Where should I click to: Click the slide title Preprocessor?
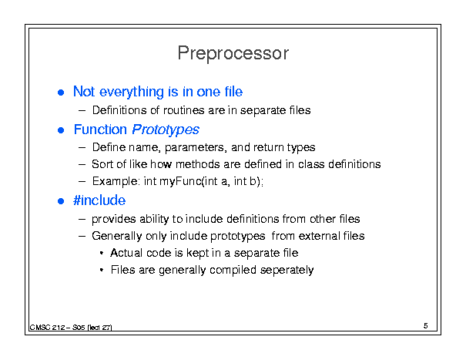click(233, 54)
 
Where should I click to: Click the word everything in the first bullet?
click(131, 92)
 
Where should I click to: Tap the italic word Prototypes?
click(166, 130)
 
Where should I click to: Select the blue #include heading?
click(99, 200)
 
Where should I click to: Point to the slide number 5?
click(426, 326)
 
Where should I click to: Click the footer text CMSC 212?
click(47, 328)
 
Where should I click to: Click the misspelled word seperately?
click(287, 270)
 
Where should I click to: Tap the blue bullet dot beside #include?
click(61, 201)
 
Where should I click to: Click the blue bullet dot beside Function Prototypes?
click(61, 130)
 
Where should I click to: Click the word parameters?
click(194, 147)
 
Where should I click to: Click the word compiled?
click(233, 270)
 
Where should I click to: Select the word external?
click(319, 236)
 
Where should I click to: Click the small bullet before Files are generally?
click(102, 270)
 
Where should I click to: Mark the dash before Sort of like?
click(82, 164)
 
